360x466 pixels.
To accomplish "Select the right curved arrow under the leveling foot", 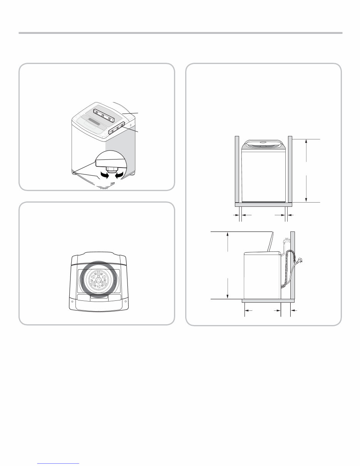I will (120, 176).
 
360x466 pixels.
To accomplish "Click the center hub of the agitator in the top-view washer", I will (99, 280).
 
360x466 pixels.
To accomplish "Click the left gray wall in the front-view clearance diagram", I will (237, 169).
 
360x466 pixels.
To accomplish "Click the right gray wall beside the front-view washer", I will (290, 169).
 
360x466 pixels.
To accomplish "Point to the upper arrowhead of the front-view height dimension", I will (306, 141).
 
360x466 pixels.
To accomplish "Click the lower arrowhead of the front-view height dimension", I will (306, 199).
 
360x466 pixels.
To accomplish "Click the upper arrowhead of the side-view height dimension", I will (228, 234).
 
